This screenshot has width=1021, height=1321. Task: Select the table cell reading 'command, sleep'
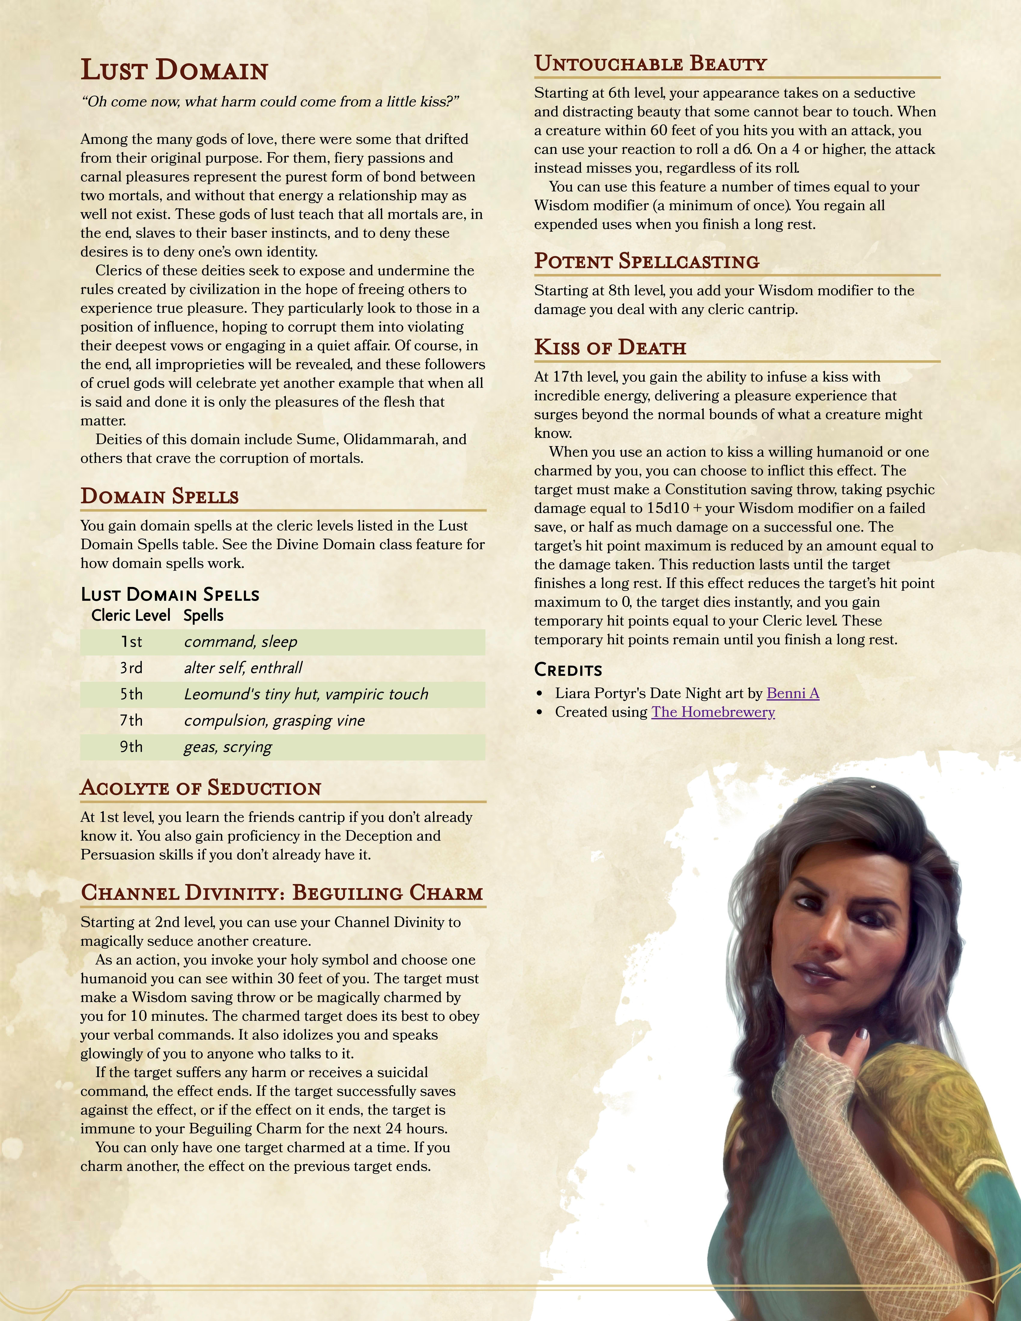point(240,642)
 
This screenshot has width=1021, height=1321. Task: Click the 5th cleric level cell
point(131,694)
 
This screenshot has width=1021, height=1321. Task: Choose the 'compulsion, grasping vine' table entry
point(274,721)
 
